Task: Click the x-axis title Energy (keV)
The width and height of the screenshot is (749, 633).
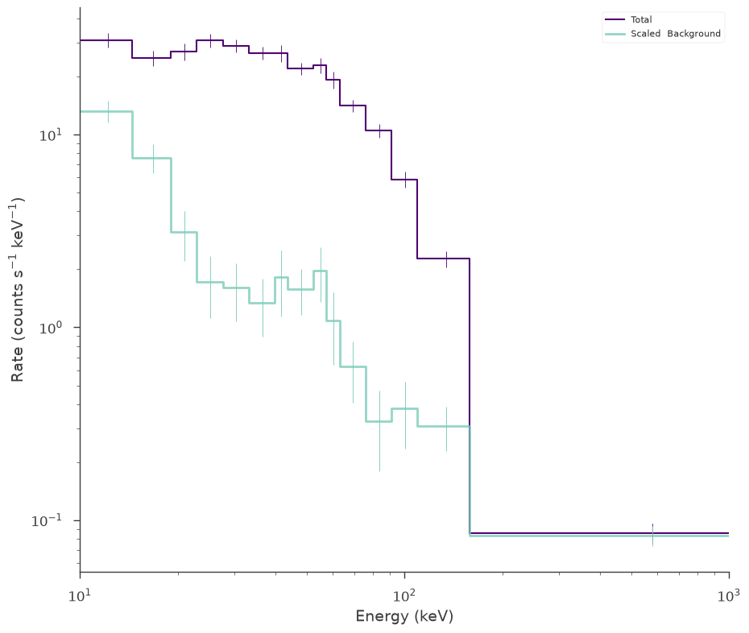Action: click(404, 616)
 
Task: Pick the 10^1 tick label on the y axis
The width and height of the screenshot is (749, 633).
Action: click(51, 134)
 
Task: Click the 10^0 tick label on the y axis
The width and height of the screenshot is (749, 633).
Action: click(51, 327)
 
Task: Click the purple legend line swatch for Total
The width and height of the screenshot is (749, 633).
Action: click(615, 19)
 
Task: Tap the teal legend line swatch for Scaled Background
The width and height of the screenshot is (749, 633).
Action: click(615, 34)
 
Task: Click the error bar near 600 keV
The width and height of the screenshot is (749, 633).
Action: click(652, 535)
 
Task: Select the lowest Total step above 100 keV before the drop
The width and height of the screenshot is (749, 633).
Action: click(443, 259)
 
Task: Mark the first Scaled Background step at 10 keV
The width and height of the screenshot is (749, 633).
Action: click(106, 111)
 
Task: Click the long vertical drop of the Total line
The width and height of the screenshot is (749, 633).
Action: click(470, 395)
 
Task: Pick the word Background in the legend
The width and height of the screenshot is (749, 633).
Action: click(693, 34)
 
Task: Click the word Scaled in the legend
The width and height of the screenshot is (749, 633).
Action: click(645, 34)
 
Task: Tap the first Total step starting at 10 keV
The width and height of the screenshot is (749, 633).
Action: click(106, 40)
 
